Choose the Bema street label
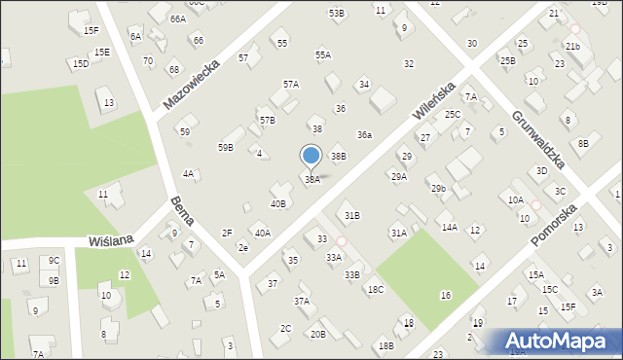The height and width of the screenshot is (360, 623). pos(182,211)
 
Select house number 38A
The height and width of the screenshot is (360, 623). pos(311,180)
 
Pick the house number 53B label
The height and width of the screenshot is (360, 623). pos(336,13)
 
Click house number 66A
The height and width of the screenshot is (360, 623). pos(177,18)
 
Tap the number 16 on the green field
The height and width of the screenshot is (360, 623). pos(445,295)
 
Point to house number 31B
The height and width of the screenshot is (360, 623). pos(352,215)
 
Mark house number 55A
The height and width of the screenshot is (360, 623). pos(323,55)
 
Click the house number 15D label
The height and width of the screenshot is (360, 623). pos(80,63)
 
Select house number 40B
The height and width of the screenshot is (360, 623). pos(278,204)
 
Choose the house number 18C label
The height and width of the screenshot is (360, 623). pos(375,290)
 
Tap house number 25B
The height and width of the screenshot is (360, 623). pos(507,60)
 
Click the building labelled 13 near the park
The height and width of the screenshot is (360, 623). pos(108,102)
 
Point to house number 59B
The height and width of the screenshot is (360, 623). pos(225,147)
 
